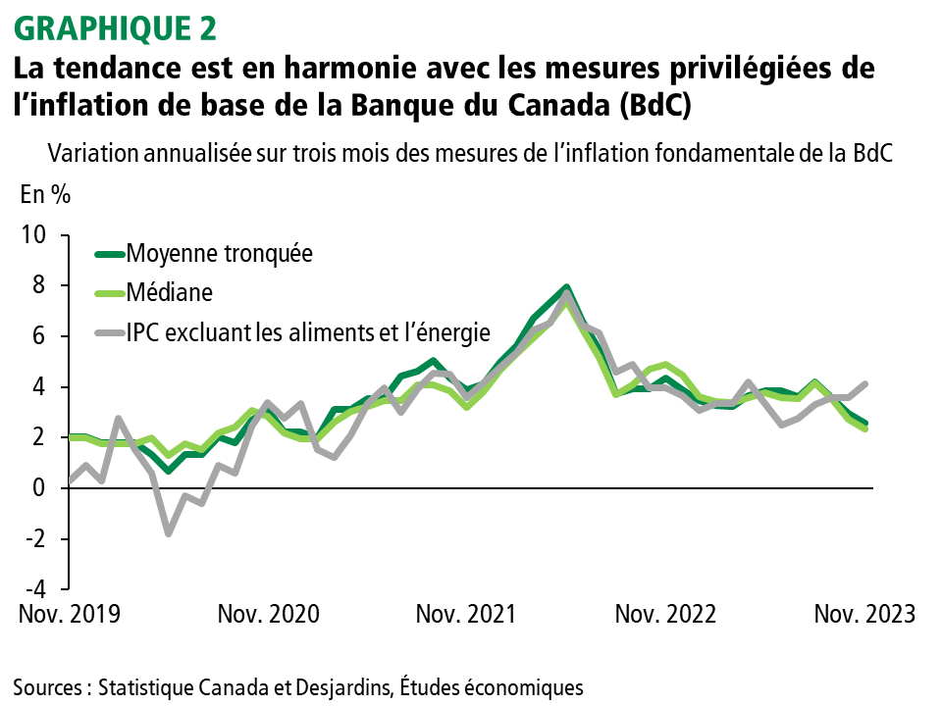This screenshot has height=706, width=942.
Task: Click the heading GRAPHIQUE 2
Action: [x=116, y=28]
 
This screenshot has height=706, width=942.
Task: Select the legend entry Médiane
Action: [x=169, y=292]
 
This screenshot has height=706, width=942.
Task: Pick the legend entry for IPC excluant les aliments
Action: [x=307, y=332]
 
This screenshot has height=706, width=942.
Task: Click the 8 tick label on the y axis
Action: [x=39, y=286]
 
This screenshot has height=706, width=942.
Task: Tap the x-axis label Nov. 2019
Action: [x=69, y=615]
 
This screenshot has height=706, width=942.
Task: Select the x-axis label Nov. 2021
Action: [x=466, y=615]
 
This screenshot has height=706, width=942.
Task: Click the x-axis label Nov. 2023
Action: [x=863, y=615]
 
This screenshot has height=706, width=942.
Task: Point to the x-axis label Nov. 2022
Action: [x=665, y=615]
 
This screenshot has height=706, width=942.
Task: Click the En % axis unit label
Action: [x=45, y=194]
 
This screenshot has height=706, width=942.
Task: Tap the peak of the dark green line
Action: [x=566, y=287]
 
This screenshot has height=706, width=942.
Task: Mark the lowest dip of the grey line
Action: [x=168, y=533]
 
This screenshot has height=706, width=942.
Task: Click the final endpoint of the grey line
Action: [x=864, y=383]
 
